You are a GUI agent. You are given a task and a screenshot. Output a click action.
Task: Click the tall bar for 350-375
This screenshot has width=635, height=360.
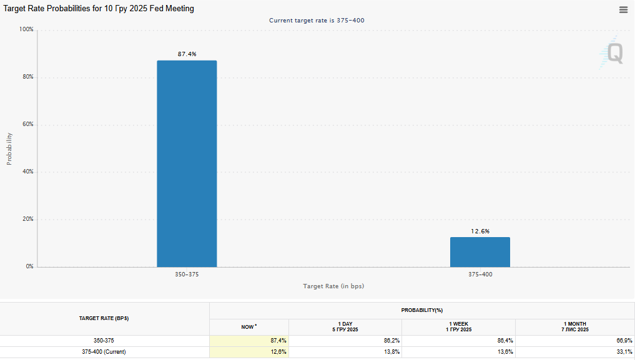click(187, 163)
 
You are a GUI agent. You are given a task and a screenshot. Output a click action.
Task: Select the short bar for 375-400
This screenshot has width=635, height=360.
click(480, 252)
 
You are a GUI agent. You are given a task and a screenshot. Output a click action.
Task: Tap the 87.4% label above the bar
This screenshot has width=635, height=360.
click(187, 54)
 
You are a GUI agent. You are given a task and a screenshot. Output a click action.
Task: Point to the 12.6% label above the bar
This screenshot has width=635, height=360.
click(480, 231)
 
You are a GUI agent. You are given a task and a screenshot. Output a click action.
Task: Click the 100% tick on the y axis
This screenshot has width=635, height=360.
click(26, 30)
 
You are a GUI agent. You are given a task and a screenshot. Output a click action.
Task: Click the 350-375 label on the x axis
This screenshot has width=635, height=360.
click(187, 275)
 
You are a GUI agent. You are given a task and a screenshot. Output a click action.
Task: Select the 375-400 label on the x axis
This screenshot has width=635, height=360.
click(480, 275)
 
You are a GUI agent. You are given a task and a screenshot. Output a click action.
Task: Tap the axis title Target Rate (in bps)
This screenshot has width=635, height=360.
click(333, 286)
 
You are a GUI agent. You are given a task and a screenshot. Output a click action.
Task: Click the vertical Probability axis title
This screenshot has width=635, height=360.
click(9, 148)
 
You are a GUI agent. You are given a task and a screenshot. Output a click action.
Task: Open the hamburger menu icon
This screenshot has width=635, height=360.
click(623, 9)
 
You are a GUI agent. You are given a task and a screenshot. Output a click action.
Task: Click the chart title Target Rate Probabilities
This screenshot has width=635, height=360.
click(99, 9)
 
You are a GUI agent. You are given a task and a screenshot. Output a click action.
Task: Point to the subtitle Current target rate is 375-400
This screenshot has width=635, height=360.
click(317, 21)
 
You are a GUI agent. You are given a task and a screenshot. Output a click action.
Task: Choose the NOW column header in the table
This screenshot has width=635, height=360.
click(249, 327)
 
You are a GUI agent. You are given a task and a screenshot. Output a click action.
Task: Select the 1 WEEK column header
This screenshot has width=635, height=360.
click(459, 327)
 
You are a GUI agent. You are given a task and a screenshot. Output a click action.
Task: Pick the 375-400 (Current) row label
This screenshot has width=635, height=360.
click(104, 353)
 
